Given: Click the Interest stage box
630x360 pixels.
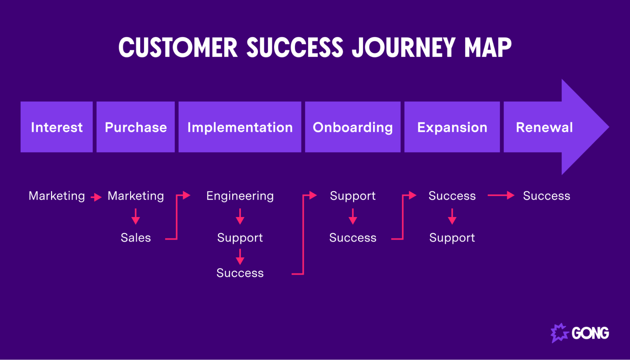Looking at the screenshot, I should [57, 127].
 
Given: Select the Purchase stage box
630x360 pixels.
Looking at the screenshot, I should [136, 127].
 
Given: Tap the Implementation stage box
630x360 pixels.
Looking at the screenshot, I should [240, 127].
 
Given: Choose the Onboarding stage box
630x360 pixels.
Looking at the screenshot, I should [353, 127].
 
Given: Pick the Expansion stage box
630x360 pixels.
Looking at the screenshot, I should [452, 127].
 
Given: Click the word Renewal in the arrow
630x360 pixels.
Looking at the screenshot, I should [544, 127].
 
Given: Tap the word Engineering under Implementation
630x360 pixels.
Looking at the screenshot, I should [240, 196].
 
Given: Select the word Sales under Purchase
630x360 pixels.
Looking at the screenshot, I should [136, 237].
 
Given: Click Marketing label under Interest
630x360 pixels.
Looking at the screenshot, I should [57, 196].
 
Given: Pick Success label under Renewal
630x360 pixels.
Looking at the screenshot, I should [546, 196].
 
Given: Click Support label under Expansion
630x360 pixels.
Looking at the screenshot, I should [452, 237].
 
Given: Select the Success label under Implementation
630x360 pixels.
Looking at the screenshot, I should [240, 273].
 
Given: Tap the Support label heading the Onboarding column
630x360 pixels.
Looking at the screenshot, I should [353, 196].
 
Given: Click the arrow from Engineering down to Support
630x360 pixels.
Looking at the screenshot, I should [240, 216].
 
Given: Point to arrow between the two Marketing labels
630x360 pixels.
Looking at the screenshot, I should [96, 197].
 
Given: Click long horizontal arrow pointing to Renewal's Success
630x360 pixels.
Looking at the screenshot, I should [501, 196].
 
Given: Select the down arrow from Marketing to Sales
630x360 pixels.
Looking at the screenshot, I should [136, 216].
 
